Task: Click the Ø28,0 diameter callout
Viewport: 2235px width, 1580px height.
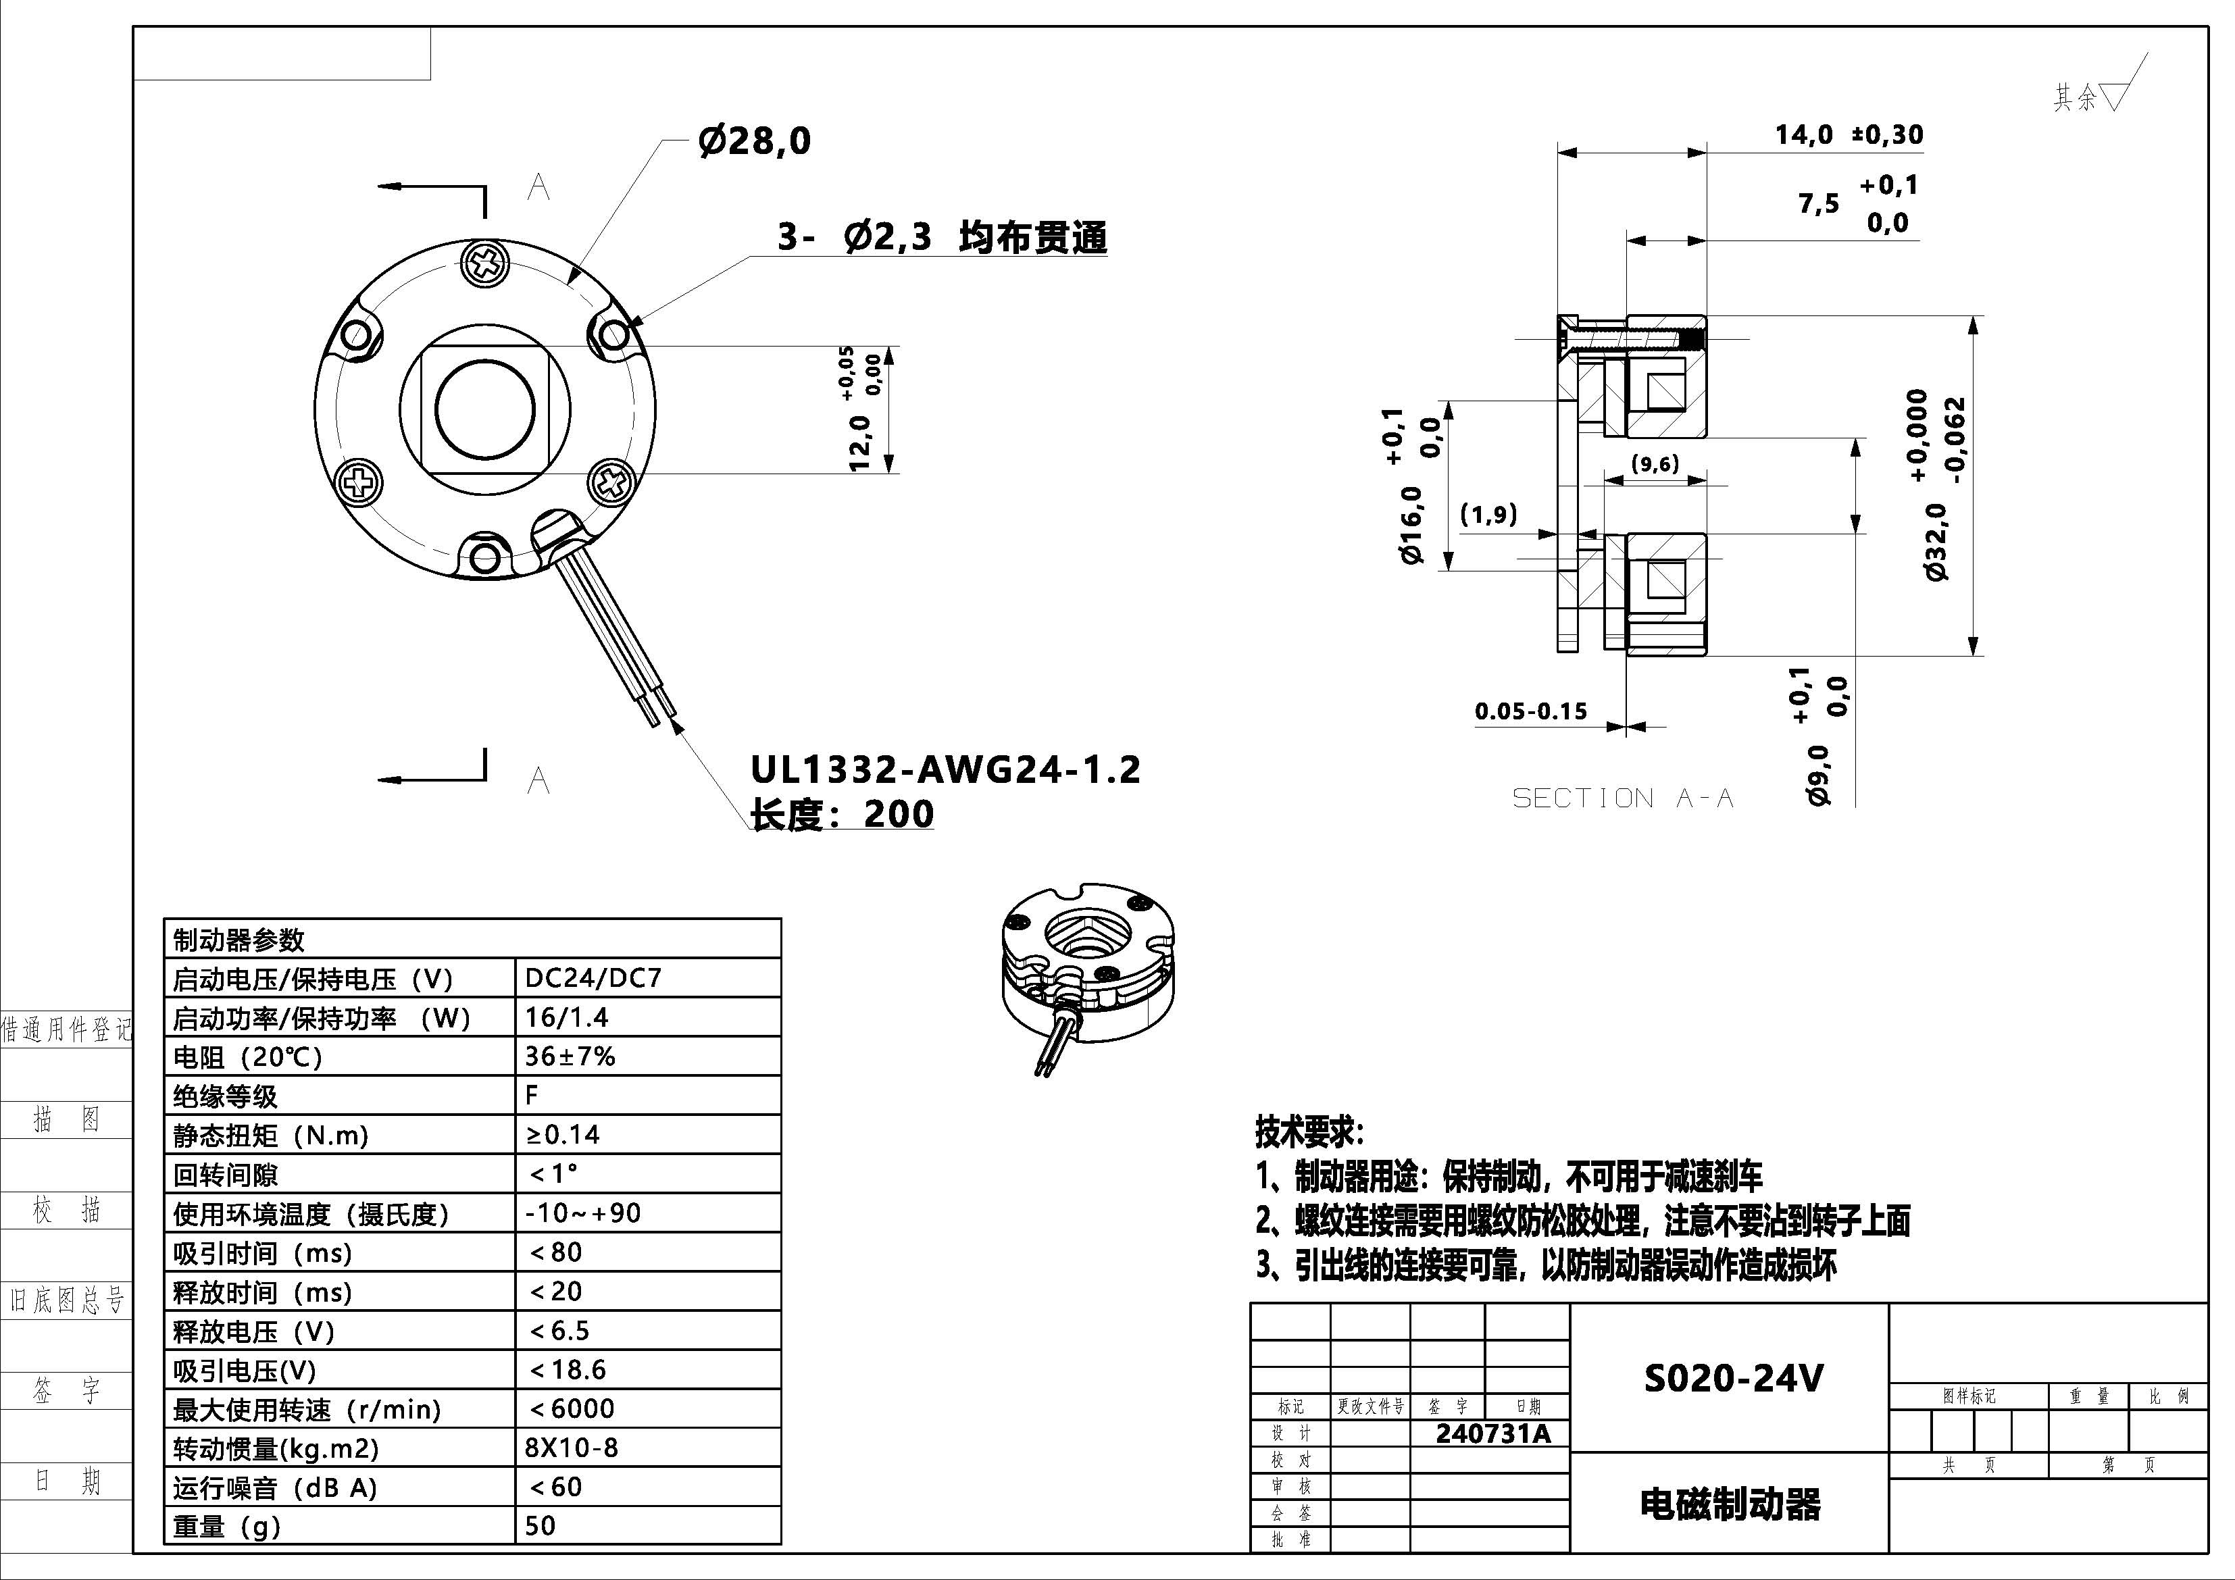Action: pyautogui.click(x=755, y=141)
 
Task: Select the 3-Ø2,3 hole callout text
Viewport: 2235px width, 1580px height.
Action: pyautogui.click(x=941, y=236)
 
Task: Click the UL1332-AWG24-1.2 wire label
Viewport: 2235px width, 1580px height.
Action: pyautogui.click(x=945, y=770)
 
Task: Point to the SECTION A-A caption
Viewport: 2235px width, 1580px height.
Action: pyautogui.click(x=1623, y=798)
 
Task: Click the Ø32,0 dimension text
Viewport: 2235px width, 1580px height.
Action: pyautogui.click(x=1937, y=541)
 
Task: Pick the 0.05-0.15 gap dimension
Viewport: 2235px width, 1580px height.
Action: pyautogui.click(x=1530, y=711)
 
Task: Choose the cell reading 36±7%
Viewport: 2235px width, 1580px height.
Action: pyautogui.click(x=570, y=1056)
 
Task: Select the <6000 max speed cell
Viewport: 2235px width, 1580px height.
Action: pyautogui.click(x=572, y=1408)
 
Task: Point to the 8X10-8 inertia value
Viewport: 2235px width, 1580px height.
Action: pyautogui.click(x=572, y=1448)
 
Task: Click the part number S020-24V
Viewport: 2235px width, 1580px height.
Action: pyautogui.click(x=1733, y=1377)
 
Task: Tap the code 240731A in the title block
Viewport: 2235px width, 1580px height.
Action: pyautogui.click(x=1492, y=1433)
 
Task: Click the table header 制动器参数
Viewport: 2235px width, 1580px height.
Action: pyautogui.click(x=238, y=940)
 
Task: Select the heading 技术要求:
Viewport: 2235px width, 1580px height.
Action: pyautogui.click(x=1309, y=1131)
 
